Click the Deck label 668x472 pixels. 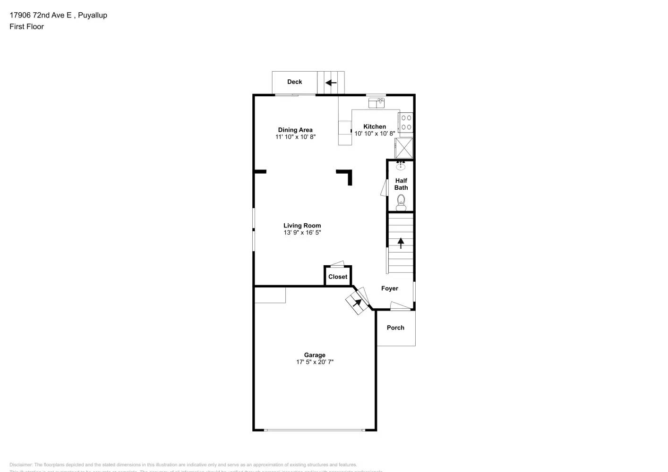click(294, 82)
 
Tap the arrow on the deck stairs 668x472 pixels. click(331, 83)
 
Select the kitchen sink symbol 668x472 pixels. click(377, 102)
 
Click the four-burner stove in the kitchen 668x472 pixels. click(406, 123)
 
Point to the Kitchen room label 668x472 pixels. click(375, 126)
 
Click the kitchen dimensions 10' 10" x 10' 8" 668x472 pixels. click(375, 134)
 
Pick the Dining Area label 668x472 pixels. click(295, 130)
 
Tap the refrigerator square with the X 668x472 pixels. click(404, 148)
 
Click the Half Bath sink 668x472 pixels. click(401, 165)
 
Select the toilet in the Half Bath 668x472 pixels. click(401, 203)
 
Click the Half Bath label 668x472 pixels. click(401, 184)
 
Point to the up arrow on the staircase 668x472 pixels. click(401, 243)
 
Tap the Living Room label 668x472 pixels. click(302, 226)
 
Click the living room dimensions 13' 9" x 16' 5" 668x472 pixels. click(302, 233)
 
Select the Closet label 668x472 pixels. click(338, 277)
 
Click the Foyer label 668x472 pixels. click(390, 288)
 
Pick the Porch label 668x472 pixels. click(395, 328)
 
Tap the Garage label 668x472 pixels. click(315, 355)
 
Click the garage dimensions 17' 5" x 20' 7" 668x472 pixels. click(315, 362)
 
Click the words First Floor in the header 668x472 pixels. click(26, 26)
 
